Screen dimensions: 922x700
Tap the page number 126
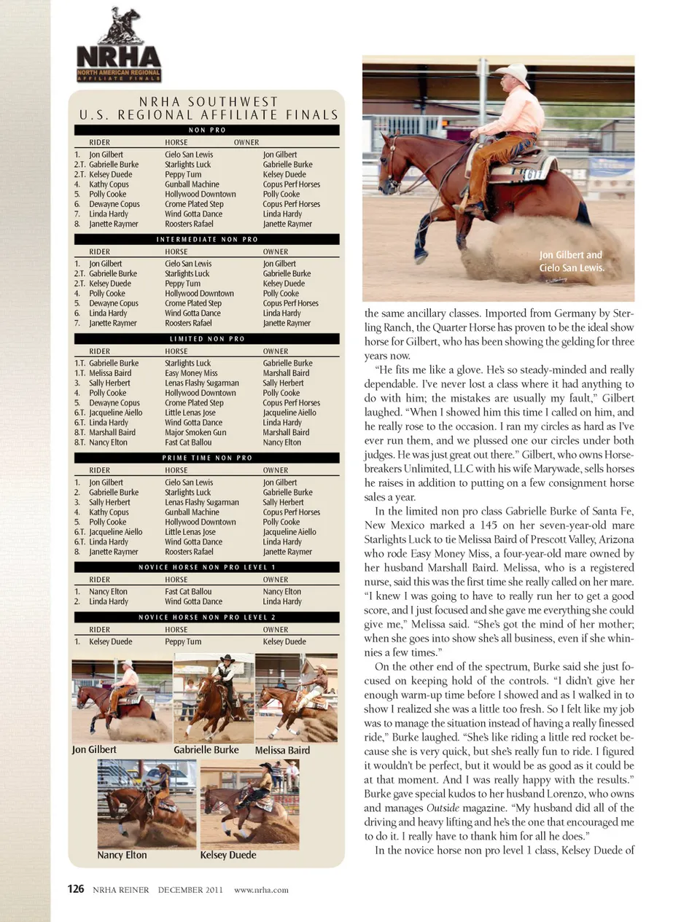pos(76,888)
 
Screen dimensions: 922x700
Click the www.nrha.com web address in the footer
pos(261,889)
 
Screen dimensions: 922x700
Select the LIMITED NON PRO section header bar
pos(207,339)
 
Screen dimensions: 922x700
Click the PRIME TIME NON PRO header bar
pos(207,458)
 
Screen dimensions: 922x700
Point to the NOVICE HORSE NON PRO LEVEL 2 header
pos(207,617)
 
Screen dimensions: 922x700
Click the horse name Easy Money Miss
pos(191,373)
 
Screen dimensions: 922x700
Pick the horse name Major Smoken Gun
pos(195,432)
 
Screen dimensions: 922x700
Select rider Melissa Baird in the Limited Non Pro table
pos(110,373)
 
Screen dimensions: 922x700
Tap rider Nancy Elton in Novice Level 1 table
pos(108,592)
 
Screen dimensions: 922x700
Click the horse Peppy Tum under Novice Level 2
pos(183,642)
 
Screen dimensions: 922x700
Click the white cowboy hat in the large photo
pos(512,73)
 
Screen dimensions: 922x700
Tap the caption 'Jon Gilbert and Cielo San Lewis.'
pos(572,261)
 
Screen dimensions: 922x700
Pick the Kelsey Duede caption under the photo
pos(228,855)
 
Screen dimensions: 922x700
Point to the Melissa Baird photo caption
pos(282,750)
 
